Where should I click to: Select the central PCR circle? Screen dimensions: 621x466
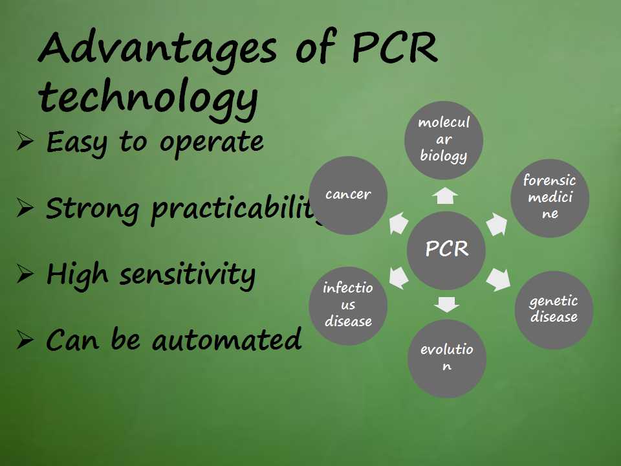[446, 250]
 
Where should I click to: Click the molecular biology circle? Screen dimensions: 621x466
[444, 140]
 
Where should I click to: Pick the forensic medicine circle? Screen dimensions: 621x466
[550, 198]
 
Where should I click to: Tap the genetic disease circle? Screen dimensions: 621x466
[554, 310]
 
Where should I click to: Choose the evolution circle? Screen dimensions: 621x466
[447, 358]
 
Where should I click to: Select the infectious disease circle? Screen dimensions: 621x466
[348, 305]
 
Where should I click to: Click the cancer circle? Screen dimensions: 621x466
[348, 195]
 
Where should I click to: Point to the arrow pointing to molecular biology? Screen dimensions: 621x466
[445, 195]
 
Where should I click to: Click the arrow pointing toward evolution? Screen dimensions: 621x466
[446, 304]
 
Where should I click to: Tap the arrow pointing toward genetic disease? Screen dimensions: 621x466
[499, 280]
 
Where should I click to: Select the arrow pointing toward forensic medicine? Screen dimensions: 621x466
[497, 224]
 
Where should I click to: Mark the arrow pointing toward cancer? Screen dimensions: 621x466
[398, 223]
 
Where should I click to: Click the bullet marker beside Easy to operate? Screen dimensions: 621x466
[25, 141]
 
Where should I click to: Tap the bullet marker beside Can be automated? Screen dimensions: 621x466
[25, 340]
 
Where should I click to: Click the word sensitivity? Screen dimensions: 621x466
[188, 276]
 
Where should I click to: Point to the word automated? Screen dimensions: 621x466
[226, 340]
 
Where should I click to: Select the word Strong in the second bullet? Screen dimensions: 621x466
[93, 210]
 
